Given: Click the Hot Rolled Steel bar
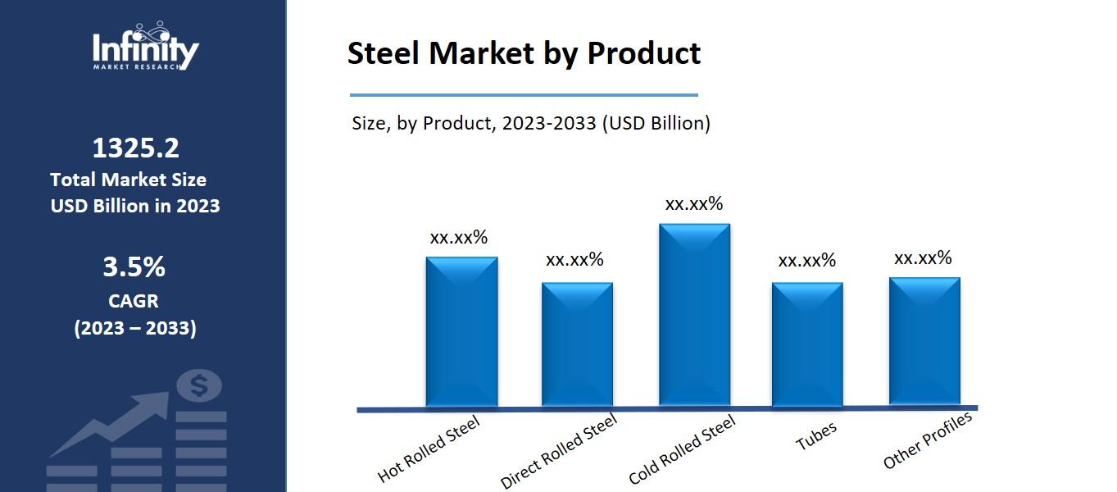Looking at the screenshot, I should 461,331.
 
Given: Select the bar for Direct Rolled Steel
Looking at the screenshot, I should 577,344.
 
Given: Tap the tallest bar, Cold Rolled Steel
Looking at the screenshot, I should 694,315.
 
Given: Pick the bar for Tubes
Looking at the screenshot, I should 807,344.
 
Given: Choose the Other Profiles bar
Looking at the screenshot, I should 924,341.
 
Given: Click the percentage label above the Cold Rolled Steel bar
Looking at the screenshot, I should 694,204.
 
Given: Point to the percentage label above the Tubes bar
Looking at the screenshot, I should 807,261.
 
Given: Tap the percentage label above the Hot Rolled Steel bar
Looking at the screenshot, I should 459,238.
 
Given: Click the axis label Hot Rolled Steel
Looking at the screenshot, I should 429,449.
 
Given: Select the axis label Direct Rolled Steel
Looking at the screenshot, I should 559,451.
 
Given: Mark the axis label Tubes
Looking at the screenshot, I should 816,436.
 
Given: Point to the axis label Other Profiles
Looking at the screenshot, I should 928,441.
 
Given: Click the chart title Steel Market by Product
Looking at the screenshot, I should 524,53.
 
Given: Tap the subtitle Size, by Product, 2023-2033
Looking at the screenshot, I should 531,124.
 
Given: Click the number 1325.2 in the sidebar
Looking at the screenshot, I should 135,148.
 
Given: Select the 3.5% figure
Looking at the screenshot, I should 134,267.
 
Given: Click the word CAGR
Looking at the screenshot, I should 134,301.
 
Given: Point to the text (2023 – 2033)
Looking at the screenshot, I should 135,329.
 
